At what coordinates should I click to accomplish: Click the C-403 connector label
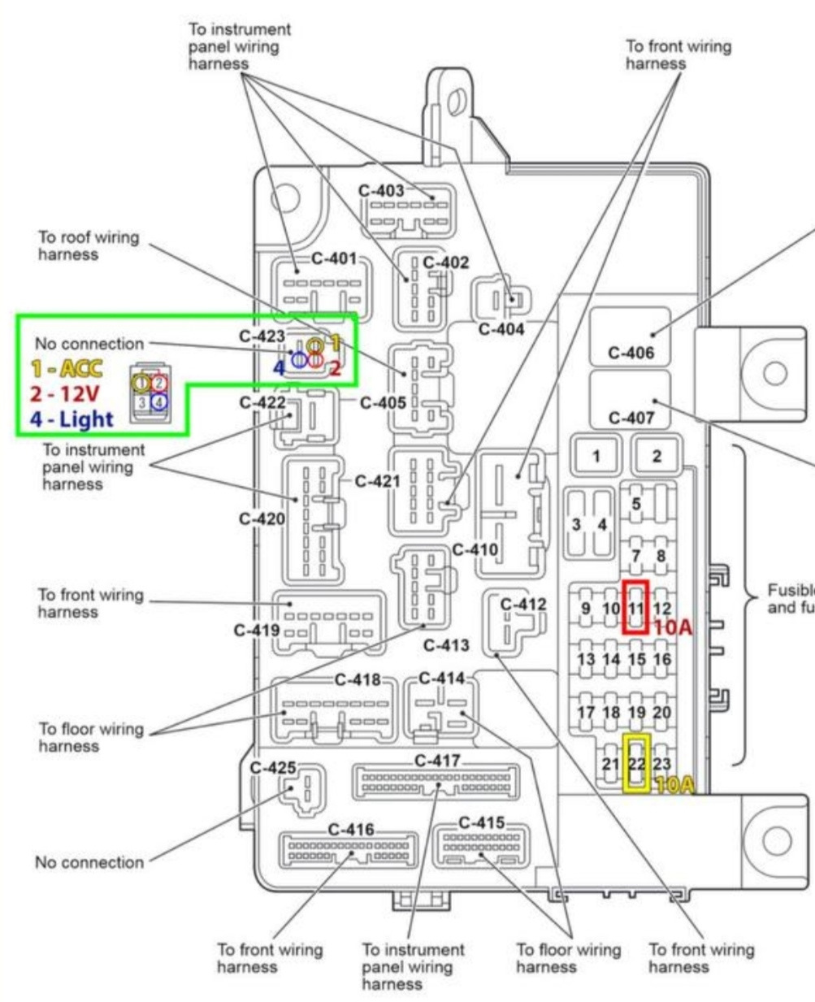pyautogui.click(x=381, y=191)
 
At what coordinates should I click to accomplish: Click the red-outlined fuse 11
pyautogui.click(x=635, y=606)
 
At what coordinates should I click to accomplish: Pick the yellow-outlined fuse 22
pyautogui.click(x=635, y=763)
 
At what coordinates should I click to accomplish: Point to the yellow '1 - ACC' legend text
pyautogui.click(x=67, y=369)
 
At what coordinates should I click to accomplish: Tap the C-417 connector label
pyautogui.click(x=437, y=761)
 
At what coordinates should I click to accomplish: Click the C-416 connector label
pyautogui.click(x=351, y=830)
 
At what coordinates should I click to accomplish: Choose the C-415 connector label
pyautogui.click(x=481, y=823)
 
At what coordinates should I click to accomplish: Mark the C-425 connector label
pyautogui.click(x=273, y=767)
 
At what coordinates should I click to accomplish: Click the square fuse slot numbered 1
pyautogui.click(x=596, y=456)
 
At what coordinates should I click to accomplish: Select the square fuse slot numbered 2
pyautogui.click(x=657, y=456)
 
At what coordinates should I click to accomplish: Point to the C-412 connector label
pyautogui.click(x=523, y=605)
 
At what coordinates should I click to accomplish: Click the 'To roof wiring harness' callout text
pyautogui.click(x=89, y=246)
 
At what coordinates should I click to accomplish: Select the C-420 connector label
pyautogui.click(x=262, y=519)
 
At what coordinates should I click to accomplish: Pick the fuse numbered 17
pyautogui.click(x=586, y=713)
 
